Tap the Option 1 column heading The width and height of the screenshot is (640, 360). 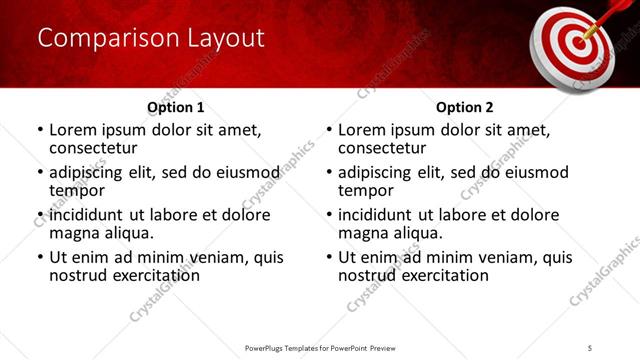tap(176, 107)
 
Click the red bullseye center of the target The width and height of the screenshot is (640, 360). tap(574, 44)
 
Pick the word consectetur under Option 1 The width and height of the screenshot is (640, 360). tap(92, 149)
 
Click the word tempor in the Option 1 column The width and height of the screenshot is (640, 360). tap(76, 191)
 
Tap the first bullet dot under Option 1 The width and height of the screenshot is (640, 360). tap(40, 131)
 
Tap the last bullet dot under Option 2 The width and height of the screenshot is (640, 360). tap(329, 257)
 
